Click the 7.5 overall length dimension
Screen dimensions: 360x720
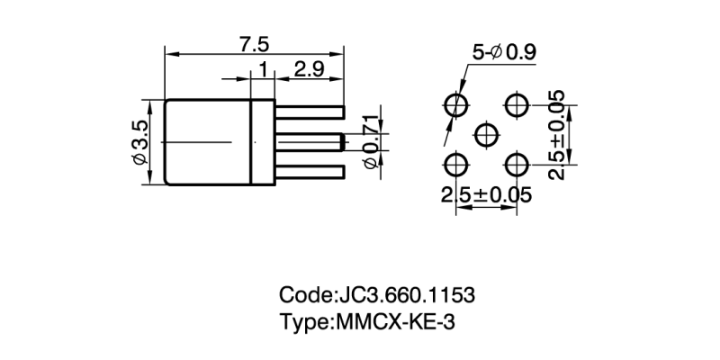[255, 42]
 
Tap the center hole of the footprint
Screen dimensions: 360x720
[486, 135]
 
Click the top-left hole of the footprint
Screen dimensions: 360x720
[456, 105]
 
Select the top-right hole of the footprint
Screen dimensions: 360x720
[517, 105]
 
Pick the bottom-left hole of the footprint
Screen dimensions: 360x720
[456, 165]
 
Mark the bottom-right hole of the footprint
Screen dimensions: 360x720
[517, 165]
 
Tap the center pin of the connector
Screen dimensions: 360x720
[310, 142]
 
